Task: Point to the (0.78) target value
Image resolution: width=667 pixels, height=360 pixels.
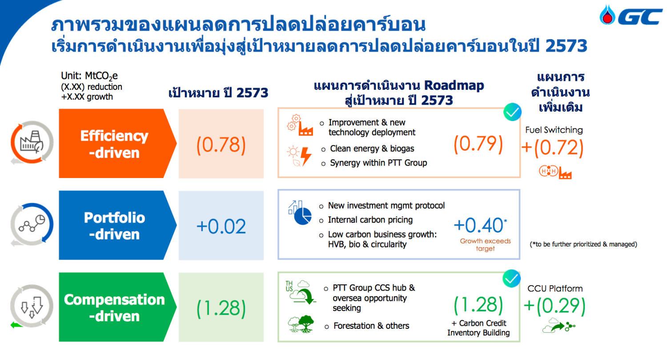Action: click(221, 145)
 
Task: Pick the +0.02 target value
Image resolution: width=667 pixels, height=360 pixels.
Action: click(221, 226)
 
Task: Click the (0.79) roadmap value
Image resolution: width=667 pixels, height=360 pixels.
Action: click(478, 144)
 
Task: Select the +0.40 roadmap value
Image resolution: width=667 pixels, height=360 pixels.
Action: click(480, 225)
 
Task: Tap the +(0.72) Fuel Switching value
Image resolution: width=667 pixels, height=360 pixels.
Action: click(553, 148)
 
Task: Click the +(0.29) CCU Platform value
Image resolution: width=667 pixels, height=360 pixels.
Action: click(554, 306)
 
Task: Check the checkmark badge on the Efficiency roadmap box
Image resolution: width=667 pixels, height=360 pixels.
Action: click(512, 112)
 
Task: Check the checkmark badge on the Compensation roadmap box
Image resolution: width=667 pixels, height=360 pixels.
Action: click(511, 279)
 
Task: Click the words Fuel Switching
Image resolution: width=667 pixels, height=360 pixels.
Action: click(554, 130)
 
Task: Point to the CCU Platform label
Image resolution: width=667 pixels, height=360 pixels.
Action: click(555, 288)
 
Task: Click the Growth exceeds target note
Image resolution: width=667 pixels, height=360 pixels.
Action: click(486, 245)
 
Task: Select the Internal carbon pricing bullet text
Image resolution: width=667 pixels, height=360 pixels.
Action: click(370, 220)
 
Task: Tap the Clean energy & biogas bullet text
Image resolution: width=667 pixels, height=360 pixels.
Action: click(372, 149)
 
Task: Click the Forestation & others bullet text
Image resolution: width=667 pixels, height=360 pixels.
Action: click(371, 326)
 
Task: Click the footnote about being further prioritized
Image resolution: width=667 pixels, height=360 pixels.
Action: click(583, 244)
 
